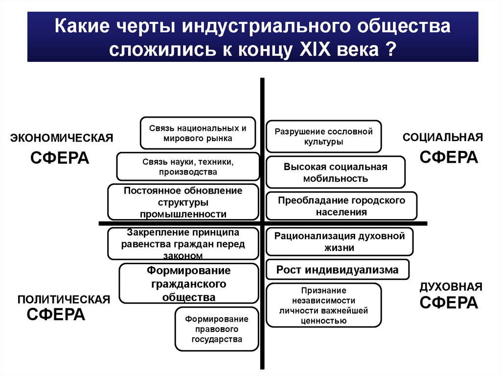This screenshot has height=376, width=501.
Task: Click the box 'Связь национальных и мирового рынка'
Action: pyautogui.click(x=198, y=133)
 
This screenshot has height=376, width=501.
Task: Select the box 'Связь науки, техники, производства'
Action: pyautogui.click(x=188, y=167)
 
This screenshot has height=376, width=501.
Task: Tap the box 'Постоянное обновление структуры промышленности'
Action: pyautogui.click(x=183, y=202)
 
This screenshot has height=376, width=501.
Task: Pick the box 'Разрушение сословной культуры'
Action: pyautogui.click(x=324, y=136)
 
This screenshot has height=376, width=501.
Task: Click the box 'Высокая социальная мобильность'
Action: pyautogui.click(x=336, y=172)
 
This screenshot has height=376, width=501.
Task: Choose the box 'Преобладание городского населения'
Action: pyautogui.click(x=341, y=206)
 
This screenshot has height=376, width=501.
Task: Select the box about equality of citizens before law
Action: pyautogui.click(x=183, y=244)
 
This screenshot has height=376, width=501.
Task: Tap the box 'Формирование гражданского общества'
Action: pyautogui.click(x=188, y=283)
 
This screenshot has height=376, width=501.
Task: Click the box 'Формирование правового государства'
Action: pyautogui.click(x=217, y=329)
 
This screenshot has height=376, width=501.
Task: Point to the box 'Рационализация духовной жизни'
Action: pyautogui.click(x=340, y=242)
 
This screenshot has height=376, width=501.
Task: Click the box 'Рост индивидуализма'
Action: pyautogui.click(x=338, y=270)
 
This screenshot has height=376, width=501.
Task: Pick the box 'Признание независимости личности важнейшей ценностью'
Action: pyautogui.click(x=324, y=305)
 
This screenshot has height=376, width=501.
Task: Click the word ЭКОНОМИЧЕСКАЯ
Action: pyautogui.click(x=62, y=138)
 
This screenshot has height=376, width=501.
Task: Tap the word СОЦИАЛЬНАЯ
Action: pyautogui.click(x=443, y=137)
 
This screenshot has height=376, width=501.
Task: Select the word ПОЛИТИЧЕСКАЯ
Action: pyautogui.click(x=64, y=300)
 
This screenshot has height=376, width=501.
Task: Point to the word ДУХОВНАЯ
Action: pyautogui.click(x=451, y=287)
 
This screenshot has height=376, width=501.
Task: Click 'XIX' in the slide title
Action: pyautogui.click(x=315, y=50)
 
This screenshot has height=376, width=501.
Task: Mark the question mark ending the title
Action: pyautogui.click(x=391, y=50)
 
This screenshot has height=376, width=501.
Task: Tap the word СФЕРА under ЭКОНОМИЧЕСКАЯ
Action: pyautogui.click(x=60, y=158)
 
